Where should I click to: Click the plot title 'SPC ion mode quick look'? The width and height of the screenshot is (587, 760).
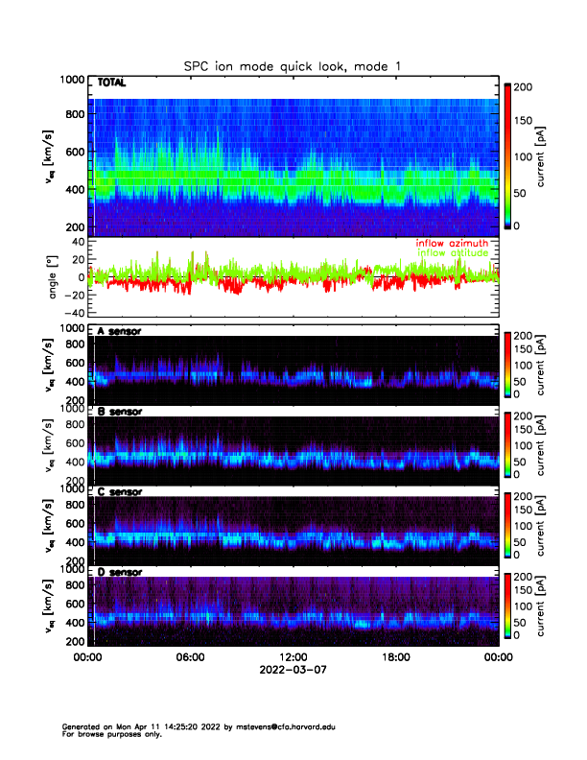click(x=293, y=65)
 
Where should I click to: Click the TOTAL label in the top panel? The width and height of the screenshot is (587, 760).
click(x=113, y=83)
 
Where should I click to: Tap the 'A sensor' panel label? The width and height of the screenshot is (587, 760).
click(x=119, y=331)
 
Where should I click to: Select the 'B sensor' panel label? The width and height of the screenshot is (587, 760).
click(x=119, y=412)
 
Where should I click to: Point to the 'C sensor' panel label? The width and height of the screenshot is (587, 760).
click(x=119, y=491)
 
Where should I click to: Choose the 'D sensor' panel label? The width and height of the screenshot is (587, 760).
click(x=119, y=572)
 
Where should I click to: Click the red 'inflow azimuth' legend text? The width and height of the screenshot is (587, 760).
click(x=451, y=243)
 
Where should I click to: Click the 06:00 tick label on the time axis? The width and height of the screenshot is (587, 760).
click(x=190, y=658)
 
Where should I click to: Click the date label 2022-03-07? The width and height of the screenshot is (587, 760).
click(x=293, y=670)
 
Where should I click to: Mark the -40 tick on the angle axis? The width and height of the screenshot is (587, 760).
click(x=73, y=313)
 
